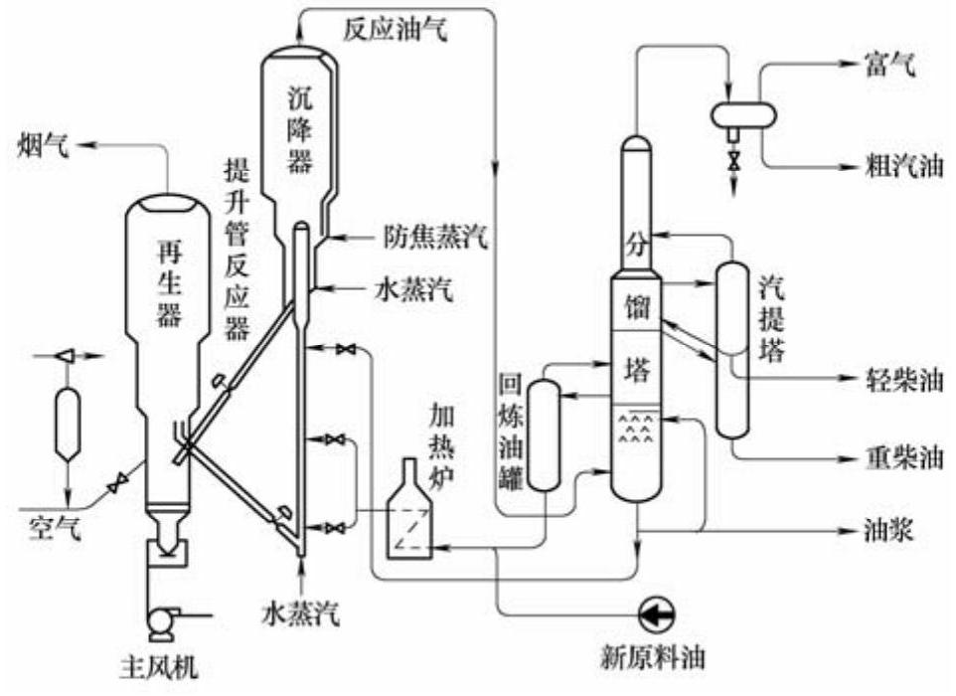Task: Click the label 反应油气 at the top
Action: pos(396,29)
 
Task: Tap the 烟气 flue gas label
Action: pos(43,146)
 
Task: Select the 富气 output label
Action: pos(889,64)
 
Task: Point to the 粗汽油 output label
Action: pos(903,165)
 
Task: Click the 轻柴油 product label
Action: pos(903,380)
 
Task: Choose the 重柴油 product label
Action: pos(903,457)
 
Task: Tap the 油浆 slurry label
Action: pos(888,530)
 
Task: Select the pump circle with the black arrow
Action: pos(657,613)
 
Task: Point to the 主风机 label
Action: pos(160,667)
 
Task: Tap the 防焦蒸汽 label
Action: pos(435,237)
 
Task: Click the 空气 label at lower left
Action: pos(55,528)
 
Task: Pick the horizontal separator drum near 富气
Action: pos(743,113)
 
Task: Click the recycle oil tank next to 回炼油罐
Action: pos(544,435)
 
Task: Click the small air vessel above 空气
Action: pos(68,424)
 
